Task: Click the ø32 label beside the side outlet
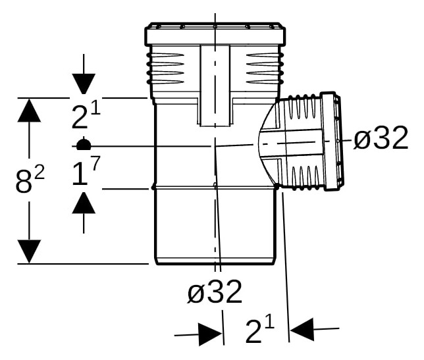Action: (381, 138)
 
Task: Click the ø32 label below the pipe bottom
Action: (215, 292)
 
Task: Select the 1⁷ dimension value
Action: (86, 171)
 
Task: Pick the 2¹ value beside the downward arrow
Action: (86, 116)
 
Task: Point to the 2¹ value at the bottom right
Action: (260, 330)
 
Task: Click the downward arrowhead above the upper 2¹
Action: (84, 84)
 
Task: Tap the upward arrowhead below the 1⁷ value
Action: (84, 203)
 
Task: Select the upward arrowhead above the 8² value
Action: (29, 111)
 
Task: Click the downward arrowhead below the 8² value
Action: (29, 251)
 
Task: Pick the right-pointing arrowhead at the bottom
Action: (210, 334)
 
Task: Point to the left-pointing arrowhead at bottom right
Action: (302, 330)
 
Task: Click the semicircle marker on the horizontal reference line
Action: (84, 143)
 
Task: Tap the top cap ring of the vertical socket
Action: (215, 34)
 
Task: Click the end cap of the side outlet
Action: (332, 141)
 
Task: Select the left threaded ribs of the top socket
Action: (165, 68)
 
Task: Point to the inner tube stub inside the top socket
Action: (215, 86)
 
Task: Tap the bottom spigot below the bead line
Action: (215, 226)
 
